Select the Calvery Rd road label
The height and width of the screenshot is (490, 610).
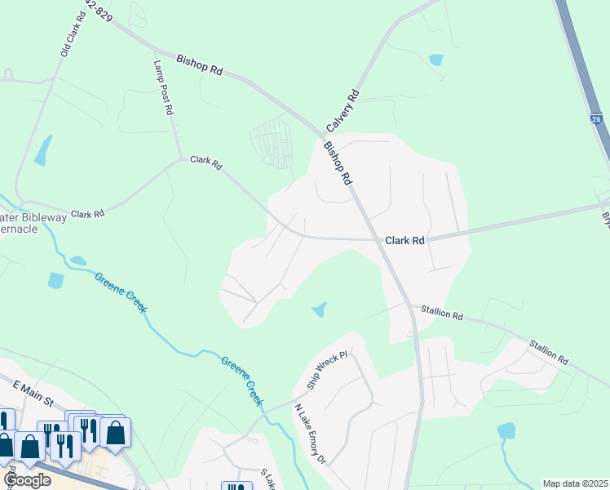coord(343,111)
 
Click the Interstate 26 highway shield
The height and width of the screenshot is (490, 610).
coord(597,120)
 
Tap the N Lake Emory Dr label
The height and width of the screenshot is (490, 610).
coord(310,434)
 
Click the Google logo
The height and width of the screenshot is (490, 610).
coord(27,479)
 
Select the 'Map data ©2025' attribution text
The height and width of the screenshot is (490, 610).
coord(575,483)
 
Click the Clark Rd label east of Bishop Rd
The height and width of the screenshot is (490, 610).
coord(404,241)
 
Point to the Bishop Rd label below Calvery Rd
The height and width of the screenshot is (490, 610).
coord(337,163)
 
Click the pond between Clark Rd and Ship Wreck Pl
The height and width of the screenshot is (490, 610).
coord(319,310)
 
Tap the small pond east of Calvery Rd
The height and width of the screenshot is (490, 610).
coord(435,60)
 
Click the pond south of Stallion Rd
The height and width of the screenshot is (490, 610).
coord(506,430)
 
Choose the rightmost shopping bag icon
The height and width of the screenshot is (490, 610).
coord(115,433)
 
